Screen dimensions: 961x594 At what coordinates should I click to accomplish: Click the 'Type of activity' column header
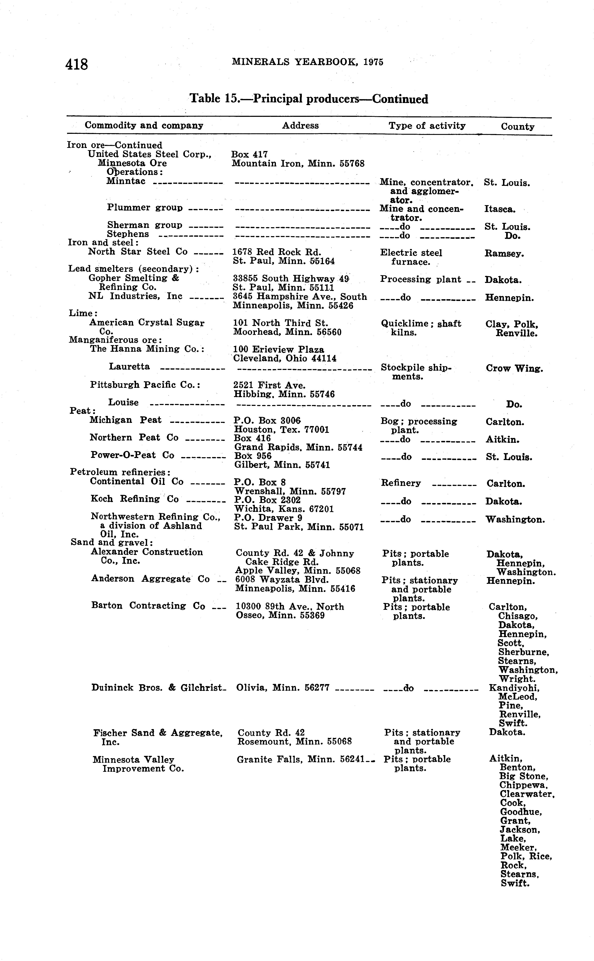(x=427, y=126)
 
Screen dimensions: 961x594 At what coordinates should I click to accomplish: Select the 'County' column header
(x=517, y=126)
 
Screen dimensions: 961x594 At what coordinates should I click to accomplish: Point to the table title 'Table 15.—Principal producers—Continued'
(x=309, y=99)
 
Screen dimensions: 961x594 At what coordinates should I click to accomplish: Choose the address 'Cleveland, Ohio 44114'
(x=285, y=358)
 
